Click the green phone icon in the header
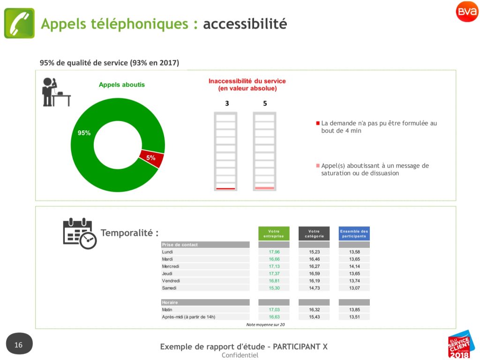19,23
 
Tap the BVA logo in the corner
467,12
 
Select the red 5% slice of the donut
152,158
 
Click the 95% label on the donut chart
84,133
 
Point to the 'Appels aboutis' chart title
121,85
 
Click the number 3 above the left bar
227,104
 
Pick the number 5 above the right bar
265,104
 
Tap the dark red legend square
318,123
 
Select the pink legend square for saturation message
318,165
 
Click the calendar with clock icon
80,233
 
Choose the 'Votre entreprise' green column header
274,233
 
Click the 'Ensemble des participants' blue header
354,233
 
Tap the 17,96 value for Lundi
274,252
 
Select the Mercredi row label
171,266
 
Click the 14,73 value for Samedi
315,288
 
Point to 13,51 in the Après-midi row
354,317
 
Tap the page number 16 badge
19,344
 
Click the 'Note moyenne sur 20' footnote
265,324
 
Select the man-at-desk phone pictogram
56,92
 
